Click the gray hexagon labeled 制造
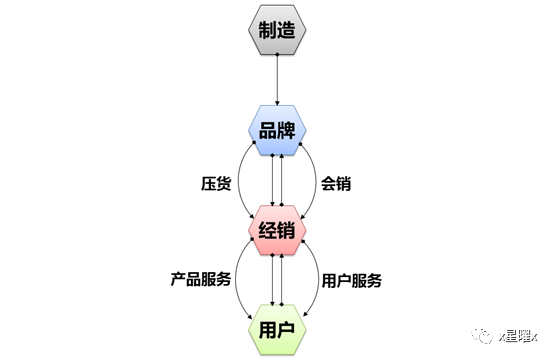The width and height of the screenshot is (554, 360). [277, 32]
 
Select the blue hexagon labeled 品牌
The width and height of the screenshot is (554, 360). [278, 132]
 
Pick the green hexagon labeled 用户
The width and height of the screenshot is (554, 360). [278, 328]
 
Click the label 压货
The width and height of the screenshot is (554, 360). [217, 183]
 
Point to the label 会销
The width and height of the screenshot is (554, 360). [335, 183]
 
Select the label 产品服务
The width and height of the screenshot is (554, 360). [202, 281]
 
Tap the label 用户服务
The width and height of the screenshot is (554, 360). [350, 281]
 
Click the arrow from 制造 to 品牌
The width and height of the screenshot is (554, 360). [277, 80]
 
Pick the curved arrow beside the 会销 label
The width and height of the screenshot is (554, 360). [312, 183]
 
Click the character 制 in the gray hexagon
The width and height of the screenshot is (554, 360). [266, 32]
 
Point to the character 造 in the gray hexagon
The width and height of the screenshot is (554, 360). [289, 32]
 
